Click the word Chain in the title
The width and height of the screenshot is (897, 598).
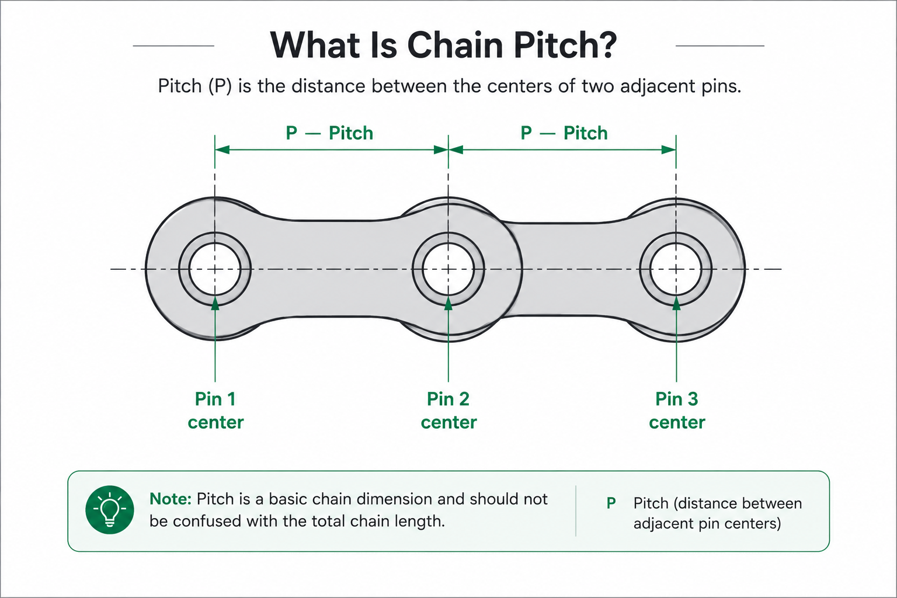click(x=454, y=45)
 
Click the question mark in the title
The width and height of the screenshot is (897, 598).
click(x=605, y=45)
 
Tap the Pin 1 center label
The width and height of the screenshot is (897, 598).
click(x=215, y=411)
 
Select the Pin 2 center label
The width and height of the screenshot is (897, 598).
click(x=448, y=411)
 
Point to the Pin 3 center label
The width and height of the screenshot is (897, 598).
click(x=677, y=411)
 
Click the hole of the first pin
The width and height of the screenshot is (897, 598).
click(x=215, y=269)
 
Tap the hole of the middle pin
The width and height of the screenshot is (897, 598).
click(x=448, y=269)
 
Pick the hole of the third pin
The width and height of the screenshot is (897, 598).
click(x=676, y=269)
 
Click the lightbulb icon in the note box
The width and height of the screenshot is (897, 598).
click(x=110, y=509)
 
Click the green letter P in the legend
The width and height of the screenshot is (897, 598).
click(x=611, y=503)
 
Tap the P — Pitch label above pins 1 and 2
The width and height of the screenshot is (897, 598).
click(x=329, y=133)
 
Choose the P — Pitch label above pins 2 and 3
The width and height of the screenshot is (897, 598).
click(x=564, y=133)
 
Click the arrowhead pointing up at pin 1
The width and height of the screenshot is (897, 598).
click(x=215, y=303)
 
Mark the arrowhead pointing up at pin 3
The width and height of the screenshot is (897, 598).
click(x=676, y=303)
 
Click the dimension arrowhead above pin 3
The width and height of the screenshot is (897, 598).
click(x=669, y=150)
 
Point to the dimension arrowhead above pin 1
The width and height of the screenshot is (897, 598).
click(x=222, y=150)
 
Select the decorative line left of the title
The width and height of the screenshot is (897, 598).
click(x=173, y=46)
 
